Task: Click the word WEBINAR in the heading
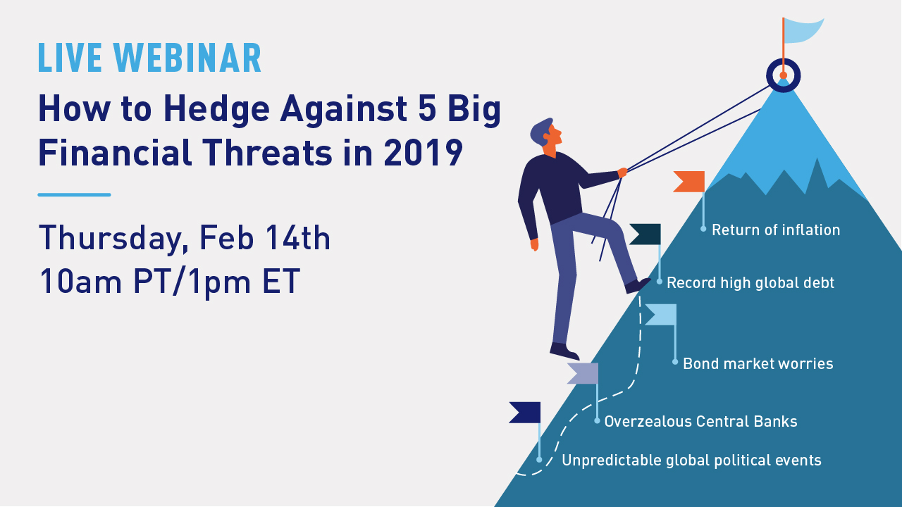(187, 58)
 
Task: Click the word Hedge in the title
(216, 109)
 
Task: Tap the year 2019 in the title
(424, 153)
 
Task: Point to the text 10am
(80, 282)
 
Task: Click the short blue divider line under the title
(74, 195)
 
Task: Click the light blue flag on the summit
(804, 30)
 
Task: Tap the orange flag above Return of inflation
(689, 182)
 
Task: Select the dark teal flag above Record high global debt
(645, 234)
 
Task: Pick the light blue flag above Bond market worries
(661, 315)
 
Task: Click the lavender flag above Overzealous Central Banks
(583, 373)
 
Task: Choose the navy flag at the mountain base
(525, 413)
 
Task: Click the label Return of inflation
(776, 230)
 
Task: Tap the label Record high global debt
(750, 283)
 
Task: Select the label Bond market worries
(758, 364)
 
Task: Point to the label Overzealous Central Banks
(700, 422)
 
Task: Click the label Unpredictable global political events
(691, 461)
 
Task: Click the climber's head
(546, 134)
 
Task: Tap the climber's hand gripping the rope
(622, 173)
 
